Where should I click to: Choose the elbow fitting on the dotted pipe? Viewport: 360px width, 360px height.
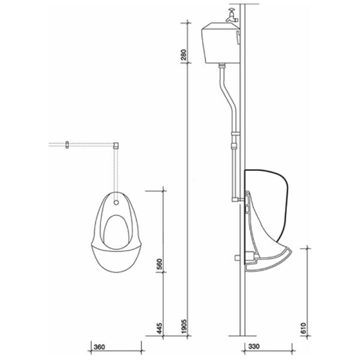pos(117,144)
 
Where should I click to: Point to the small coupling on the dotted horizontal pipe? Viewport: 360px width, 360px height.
pos(67,144)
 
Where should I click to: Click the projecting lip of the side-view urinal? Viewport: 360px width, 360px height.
pos(283,256)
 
